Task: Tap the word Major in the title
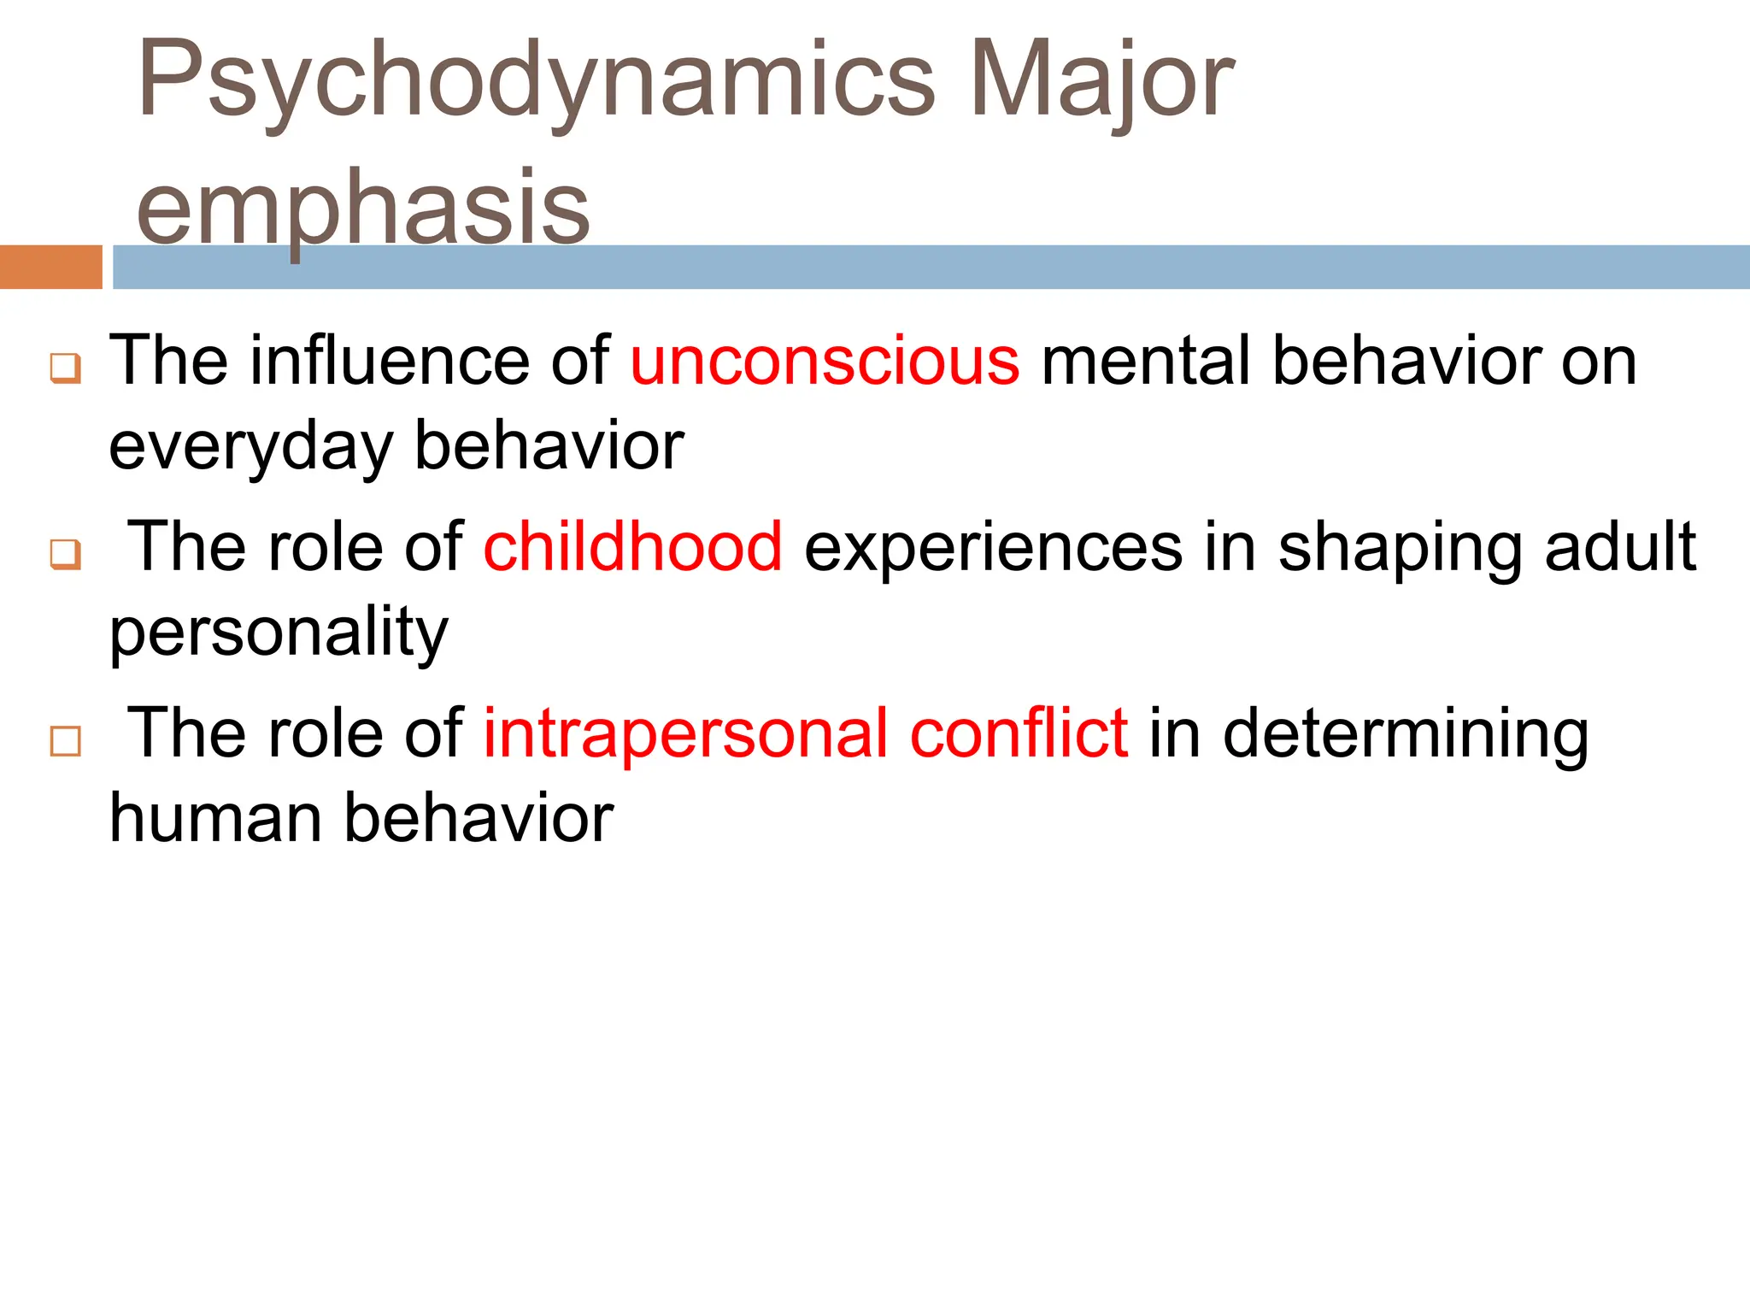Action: pyautogui.click(x=1102, y=81)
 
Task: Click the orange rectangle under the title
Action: pyautogui.click(x=51, y=267)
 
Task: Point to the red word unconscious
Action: pyautogui.click(x=825, y=361)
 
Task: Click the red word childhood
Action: pyautogui.click(x=632, y=546)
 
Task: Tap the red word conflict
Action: pyautogui.click(x=1019, y=733)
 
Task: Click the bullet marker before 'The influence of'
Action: pyautogui.click(x=66, y=368)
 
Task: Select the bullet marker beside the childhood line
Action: pyautogui.click(x=66, y=554)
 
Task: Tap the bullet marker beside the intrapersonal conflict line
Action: pyautogui.click(x=66, y=741)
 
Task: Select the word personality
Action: pyautogui.click(x=279, y=633)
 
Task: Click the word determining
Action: pyautogui.click(x=1406, y=734)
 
